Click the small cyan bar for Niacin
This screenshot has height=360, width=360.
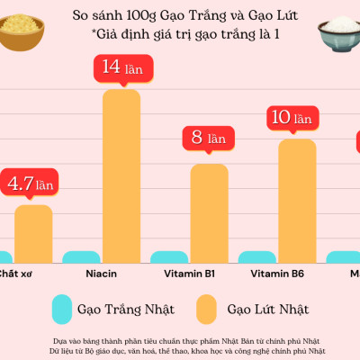coord(81,256)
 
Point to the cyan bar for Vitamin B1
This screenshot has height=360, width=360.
coord(168,256)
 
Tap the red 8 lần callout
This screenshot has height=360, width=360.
coord(207,138)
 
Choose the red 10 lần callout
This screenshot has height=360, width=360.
coord(292,117)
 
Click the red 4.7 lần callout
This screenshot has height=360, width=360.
coord(31,184)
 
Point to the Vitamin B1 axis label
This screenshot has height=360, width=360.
coord(189,274)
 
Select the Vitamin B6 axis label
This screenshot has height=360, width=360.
coord(276,274)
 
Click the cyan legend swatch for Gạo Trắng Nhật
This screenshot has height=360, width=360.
coord(62,309)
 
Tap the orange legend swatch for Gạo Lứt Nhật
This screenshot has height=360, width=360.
coord(207,309)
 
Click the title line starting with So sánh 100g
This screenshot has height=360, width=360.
coord(180,16)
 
